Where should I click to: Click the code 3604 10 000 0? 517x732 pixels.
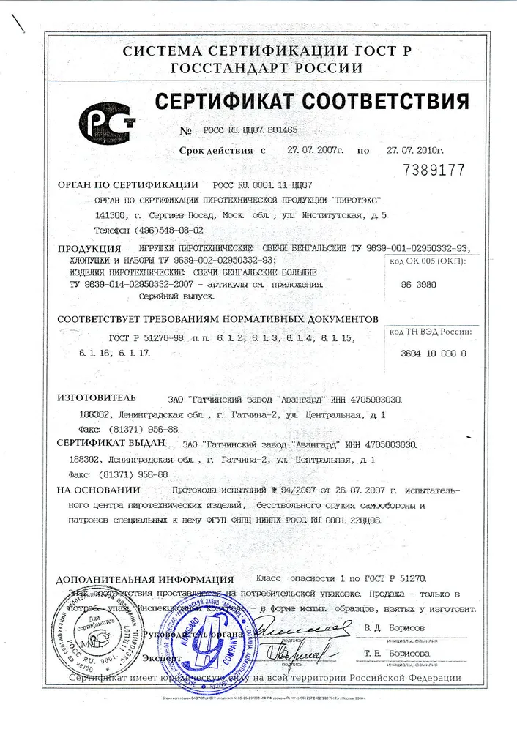[434, 354]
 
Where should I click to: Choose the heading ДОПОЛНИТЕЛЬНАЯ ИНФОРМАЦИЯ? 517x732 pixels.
[145, 578]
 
